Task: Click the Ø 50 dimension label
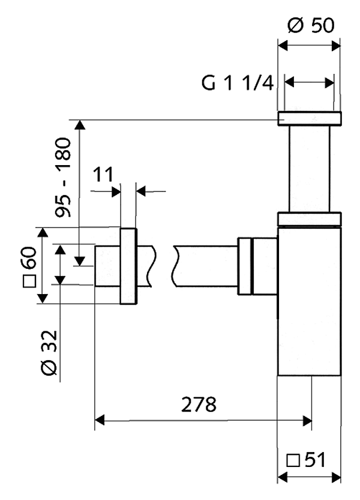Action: coord(311,25)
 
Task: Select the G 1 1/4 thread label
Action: coord(238,83)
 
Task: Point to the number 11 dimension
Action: coord(103,175)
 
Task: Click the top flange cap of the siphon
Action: coord(310,118)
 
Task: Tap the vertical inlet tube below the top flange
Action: coord(310,168)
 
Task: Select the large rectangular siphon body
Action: coord(310,300)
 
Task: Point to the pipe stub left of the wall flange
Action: coord(108,267)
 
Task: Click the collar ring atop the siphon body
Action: coord(310,219)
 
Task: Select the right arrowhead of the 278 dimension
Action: coord(307,420)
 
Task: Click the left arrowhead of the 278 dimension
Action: coord(101,420)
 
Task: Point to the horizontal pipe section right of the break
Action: coord(204,267)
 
